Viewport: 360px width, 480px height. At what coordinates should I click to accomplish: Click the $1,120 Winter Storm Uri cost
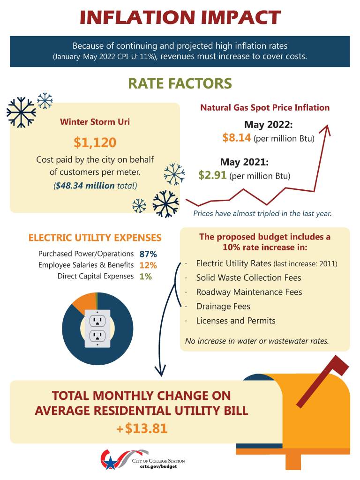[x=95, y=142]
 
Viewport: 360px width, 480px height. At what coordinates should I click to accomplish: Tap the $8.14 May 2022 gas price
[x=237, y=138]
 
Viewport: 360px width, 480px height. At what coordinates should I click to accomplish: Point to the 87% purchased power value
[x=148, y=254]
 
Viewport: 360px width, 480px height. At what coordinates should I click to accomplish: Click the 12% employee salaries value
[x=148, y=265]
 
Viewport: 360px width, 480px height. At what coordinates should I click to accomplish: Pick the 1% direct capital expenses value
[x=145, y=277]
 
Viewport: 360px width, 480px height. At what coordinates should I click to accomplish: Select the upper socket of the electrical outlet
[x=97, y=321]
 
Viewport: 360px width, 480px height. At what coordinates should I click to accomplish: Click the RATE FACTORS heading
[x=180, y=83]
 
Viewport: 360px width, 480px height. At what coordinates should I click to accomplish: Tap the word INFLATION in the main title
[x=136, y=18]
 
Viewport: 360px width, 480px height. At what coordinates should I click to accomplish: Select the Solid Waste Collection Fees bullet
[x=248, y=277]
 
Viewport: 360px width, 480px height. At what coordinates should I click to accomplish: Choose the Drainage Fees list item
[x=223, y=306]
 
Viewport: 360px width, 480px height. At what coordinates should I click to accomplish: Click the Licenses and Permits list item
[x=236, y=321]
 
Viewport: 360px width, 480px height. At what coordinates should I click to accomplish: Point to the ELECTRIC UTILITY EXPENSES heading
[x=95, y=238]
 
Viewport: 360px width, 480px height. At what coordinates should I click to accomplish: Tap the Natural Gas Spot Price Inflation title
[x=265, y=107]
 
